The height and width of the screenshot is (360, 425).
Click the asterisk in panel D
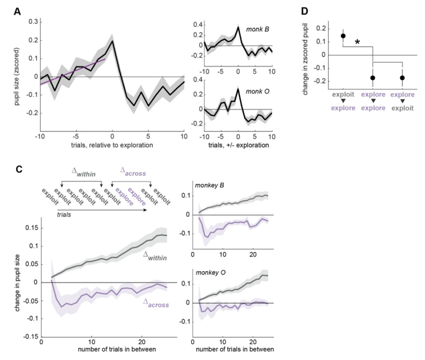357,43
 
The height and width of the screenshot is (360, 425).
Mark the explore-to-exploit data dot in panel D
402,78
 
